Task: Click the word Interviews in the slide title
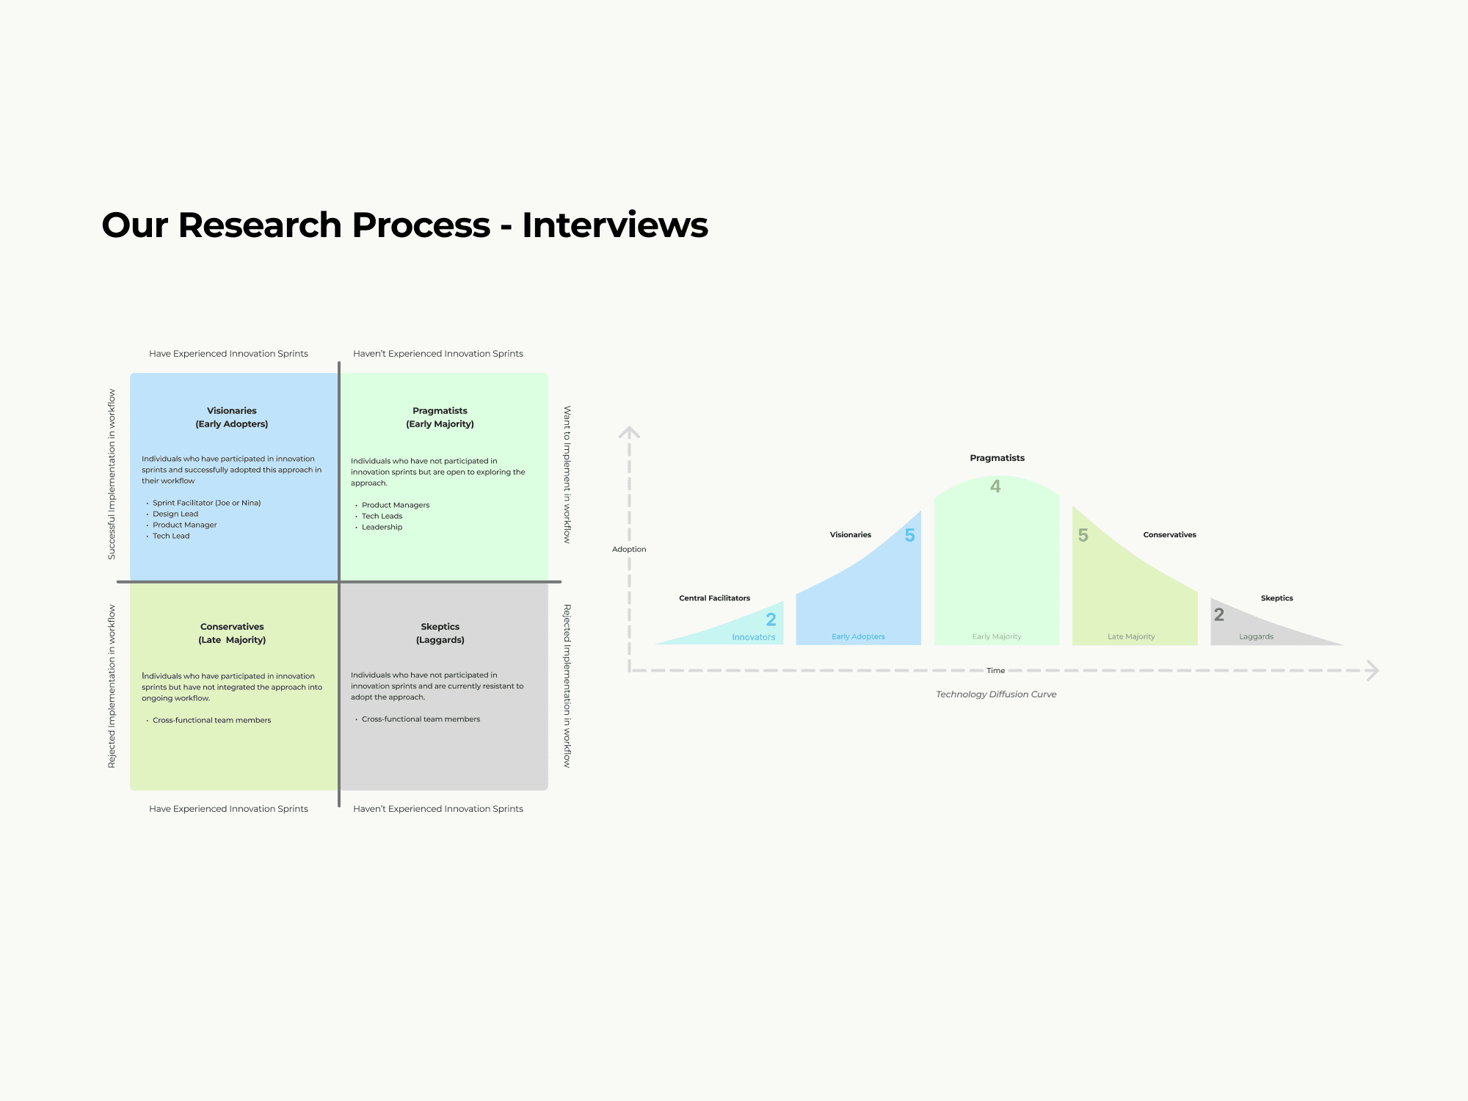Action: point(615,225)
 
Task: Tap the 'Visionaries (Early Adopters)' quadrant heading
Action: point(232,417)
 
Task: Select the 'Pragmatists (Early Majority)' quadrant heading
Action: point(440,417)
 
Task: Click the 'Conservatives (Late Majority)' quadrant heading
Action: point(232,633)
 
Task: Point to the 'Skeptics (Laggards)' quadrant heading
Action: point(440,633)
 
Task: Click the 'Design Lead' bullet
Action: point(175,514)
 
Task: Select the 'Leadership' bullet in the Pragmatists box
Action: point(382,527)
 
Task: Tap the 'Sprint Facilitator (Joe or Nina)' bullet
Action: point(206,503)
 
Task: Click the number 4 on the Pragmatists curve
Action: point(995,486)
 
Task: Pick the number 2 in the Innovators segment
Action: point(771,619)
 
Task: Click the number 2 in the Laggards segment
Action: point(1218,614)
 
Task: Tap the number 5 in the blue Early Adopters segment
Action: point(909,535)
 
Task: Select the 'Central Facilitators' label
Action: point(714,598)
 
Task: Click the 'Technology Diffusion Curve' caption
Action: point(996,694)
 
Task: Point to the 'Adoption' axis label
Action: point(629,549)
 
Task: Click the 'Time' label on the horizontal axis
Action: point(995,670)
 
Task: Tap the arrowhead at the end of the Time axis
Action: point(1373,670)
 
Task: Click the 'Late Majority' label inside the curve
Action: point(1131,636)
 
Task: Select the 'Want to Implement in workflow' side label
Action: point(567,474)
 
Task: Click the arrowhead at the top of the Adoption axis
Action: point(629,432)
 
